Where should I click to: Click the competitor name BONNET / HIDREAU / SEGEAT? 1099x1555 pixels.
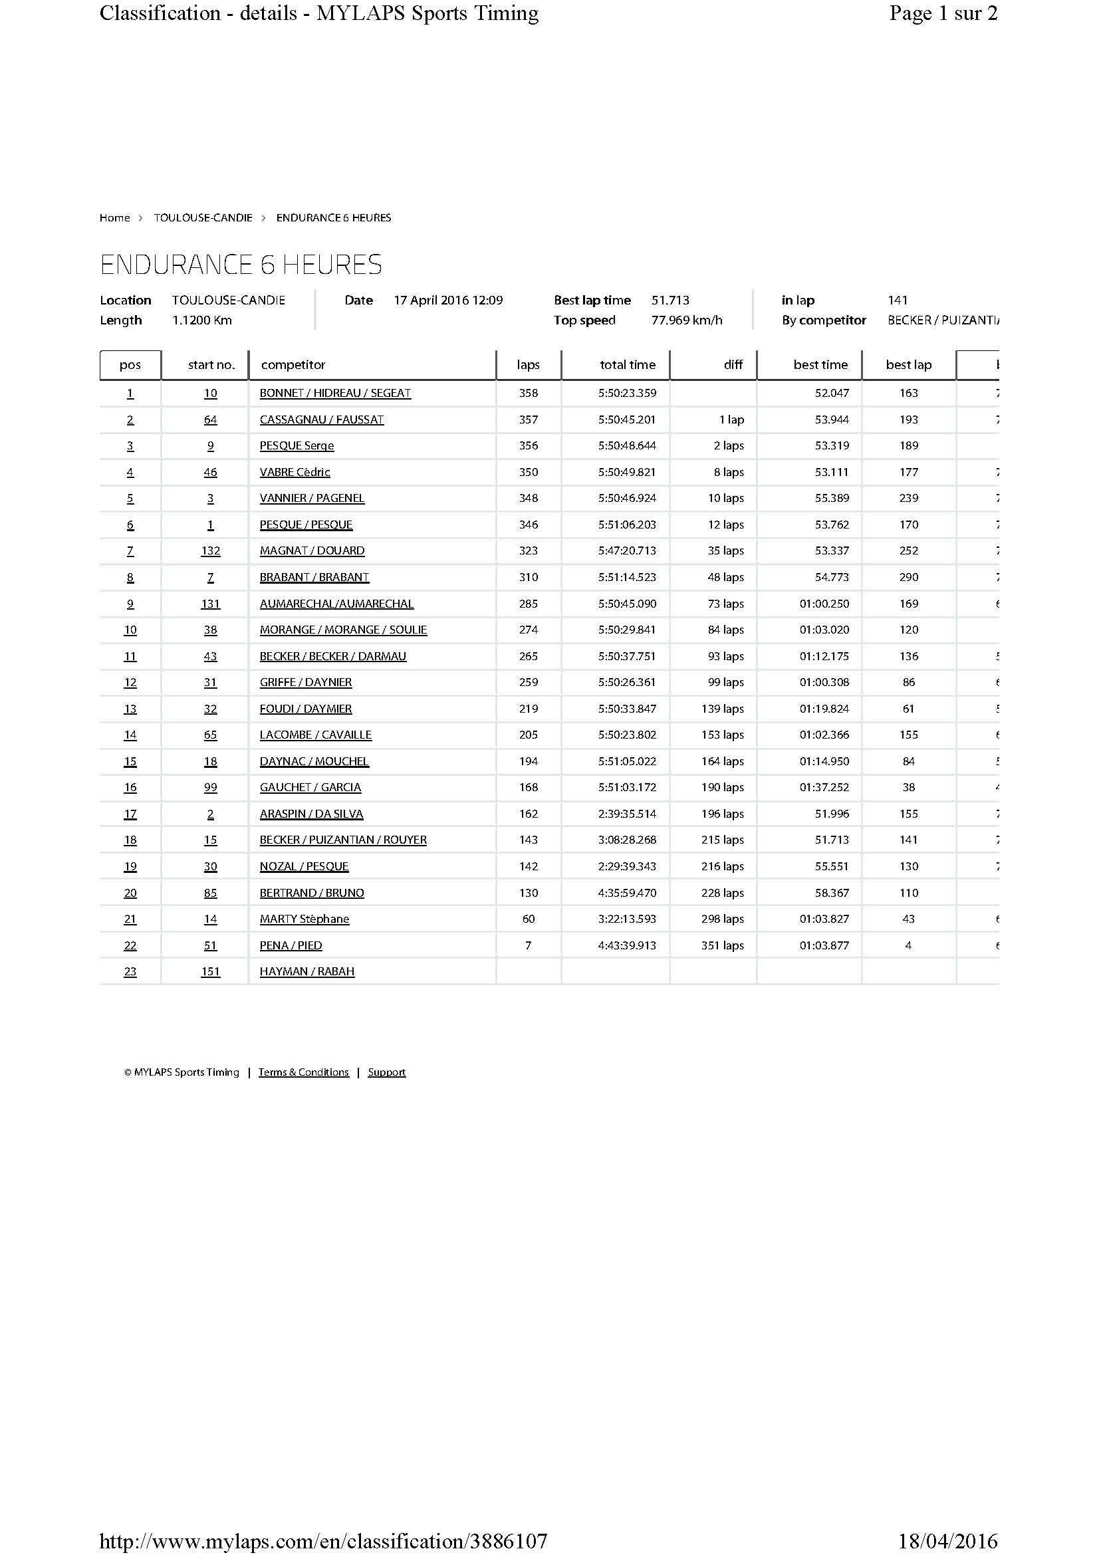tap(335, 393)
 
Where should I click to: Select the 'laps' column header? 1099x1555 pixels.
tap(528, 364)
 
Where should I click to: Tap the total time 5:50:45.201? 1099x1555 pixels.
tap(627, 419)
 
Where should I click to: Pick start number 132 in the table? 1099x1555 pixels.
tap(211, 550)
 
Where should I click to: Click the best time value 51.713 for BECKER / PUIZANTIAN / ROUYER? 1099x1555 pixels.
tap(832, 840)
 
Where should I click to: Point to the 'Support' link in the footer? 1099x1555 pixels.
tap(387, 1072)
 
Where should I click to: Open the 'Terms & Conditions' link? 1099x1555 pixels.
tap(303, 1072)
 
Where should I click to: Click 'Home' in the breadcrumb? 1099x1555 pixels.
tap(114, 217)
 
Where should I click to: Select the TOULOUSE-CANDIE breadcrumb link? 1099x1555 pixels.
tap(203, 217)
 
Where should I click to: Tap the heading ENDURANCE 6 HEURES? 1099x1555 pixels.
tap(241, 264)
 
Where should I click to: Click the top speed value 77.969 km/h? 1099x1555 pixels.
tap(687, 320)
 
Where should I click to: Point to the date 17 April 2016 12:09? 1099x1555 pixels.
tap(448, 300)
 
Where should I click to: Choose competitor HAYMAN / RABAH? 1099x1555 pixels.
tap(306, 971)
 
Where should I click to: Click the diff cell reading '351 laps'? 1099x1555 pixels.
tap(723, 945)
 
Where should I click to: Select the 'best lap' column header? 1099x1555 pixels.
tap(909, 364)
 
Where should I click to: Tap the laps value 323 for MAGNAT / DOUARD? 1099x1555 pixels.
tap(528, 550)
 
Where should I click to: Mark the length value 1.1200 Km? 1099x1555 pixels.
tap(202, 320)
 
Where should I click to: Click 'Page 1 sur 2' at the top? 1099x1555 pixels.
tap(943, 13)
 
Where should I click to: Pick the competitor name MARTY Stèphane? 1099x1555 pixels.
tap(305, 919)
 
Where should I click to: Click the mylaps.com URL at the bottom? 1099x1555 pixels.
tap(323, 1542)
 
